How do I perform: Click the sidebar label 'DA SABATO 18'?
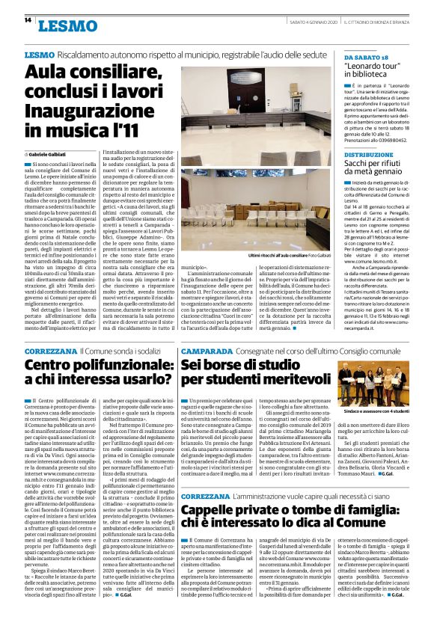click(368, 57)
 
